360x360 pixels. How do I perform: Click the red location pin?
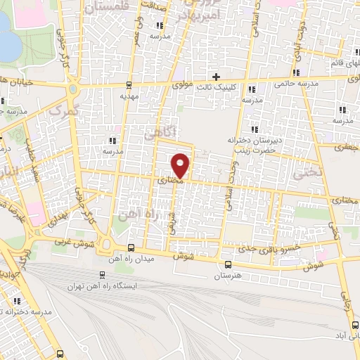coord(181,164)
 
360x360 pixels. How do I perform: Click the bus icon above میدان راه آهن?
coord(132,247)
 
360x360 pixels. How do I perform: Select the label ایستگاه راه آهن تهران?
coord(104,287)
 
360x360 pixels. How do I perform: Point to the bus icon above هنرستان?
coord(228,264)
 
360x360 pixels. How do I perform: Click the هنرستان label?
coord(228,277)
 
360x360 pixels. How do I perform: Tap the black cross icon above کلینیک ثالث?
coord(217,76)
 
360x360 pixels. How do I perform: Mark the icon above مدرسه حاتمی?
coord(299,72)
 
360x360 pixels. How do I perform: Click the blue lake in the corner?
coord(7,39)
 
